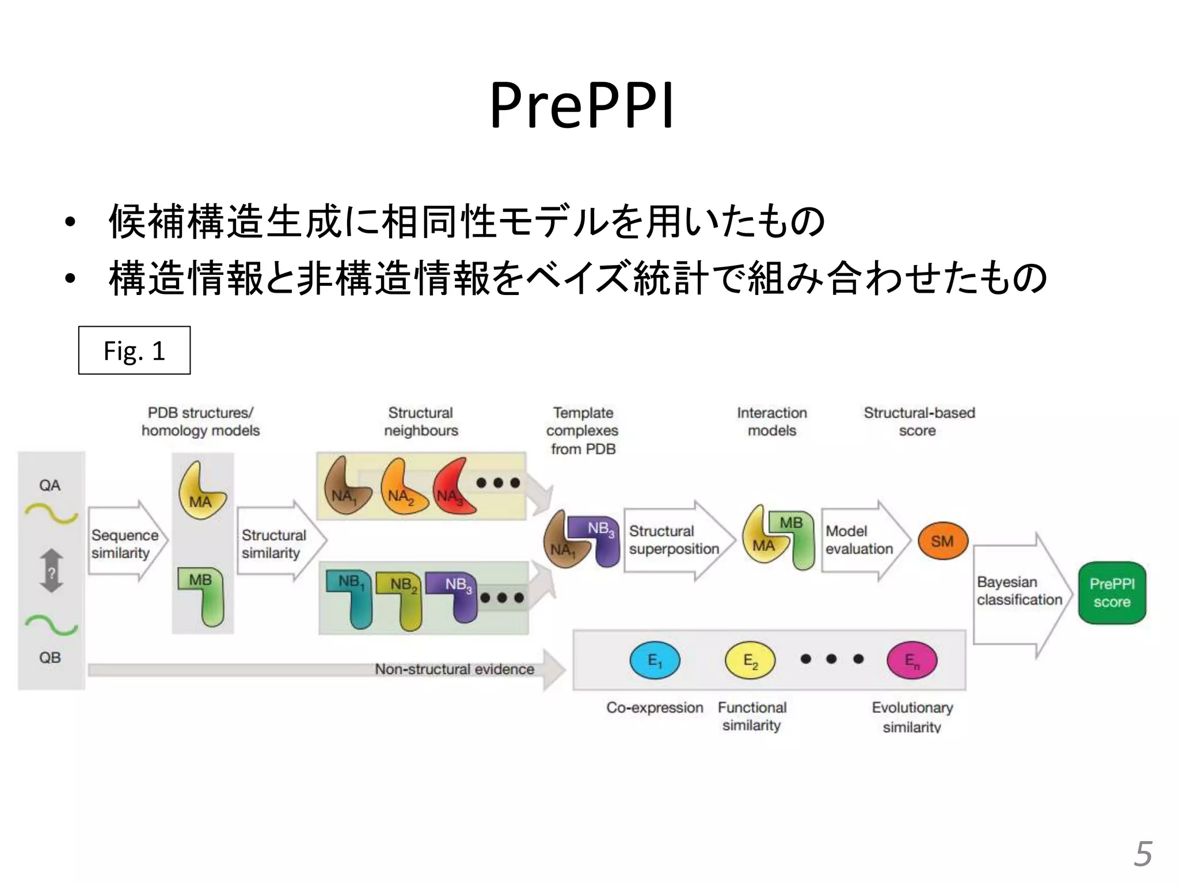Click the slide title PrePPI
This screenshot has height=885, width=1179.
click(581, 105)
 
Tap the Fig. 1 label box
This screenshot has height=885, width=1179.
click(134, 350)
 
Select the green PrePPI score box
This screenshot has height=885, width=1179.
click(1112, 593)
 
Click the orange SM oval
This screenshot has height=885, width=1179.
click(942, 541)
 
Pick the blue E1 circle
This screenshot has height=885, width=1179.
click(655, 660)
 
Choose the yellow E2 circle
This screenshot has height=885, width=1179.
click(750, 660)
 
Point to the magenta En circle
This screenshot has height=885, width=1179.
click(912, 660)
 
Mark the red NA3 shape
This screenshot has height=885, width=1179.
click(454, 487)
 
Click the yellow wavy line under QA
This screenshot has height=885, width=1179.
click(51, 513)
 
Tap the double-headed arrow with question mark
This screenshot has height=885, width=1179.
click(51, 570)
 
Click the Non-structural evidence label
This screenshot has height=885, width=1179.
click(454, 669)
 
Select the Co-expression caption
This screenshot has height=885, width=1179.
click(655, 708)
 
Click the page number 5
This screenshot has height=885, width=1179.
click(1143, 853)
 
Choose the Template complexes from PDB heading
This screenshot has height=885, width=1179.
click(582, 430)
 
